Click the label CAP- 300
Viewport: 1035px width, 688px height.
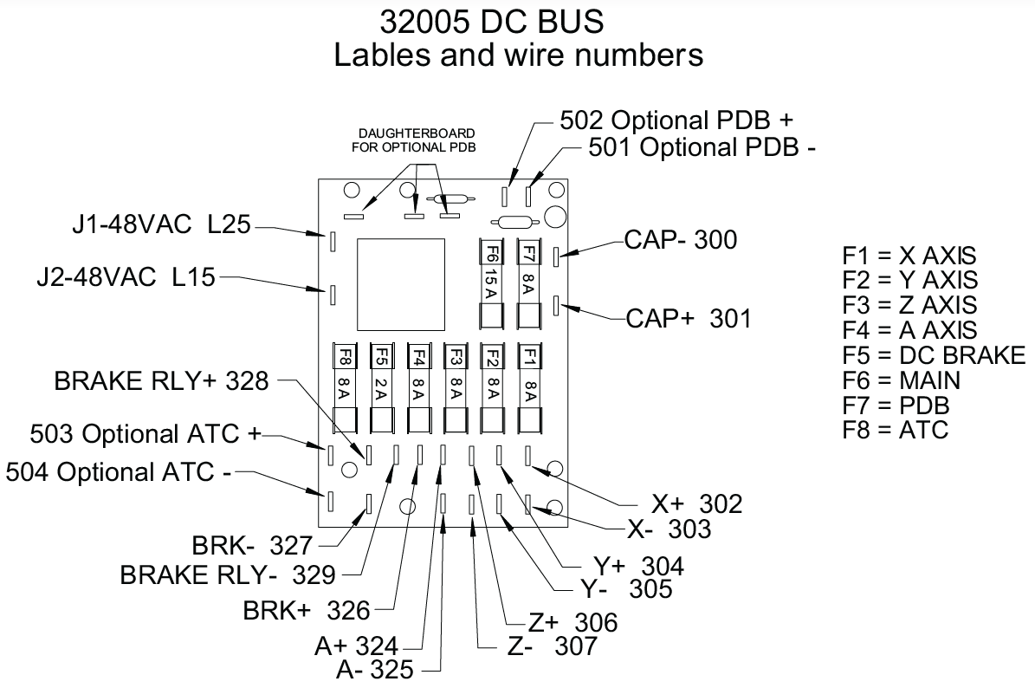point(681,240)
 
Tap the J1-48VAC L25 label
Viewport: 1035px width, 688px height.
point(161,227)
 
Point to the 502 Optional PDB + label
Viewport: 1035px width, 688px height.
point(676,120)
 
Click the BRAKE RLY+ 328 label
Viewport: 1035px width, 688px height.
point(162,381)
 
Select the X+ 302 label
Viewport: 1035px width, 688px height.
point(696,504)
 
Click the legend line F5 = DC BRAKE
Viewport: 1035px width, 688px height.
point(933,355)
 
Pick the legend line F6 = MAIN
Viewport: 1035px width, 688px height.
point(901,380)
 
